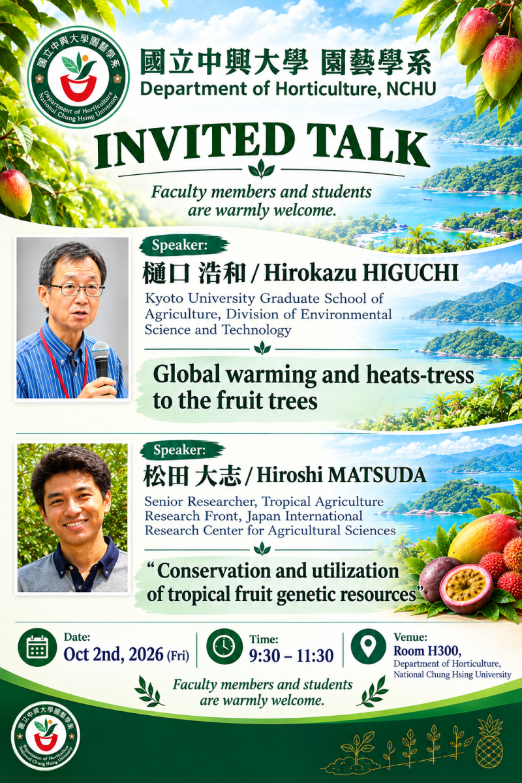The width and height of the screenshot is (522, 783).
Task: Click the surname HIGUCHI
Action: [409, 273]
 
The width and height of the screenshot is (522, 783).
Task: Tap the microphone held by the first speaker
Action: [101, 361]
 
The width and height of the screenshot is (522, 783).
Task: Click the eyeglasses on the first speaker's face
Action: [76, 290]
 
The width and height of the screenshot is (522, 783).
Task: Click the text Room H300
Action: [427, 651]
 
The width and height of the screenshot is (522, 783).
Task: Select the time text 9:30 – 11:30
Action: [291, 656]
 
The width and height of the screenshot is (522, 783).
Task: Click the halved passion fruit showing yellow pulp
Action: [466, 588]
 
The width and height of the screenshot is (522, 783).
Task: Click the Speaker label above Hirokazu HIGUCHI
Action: [179, 245]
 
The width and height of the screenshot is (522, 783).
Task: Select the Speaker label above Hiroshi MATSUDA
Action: [179, 450]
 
